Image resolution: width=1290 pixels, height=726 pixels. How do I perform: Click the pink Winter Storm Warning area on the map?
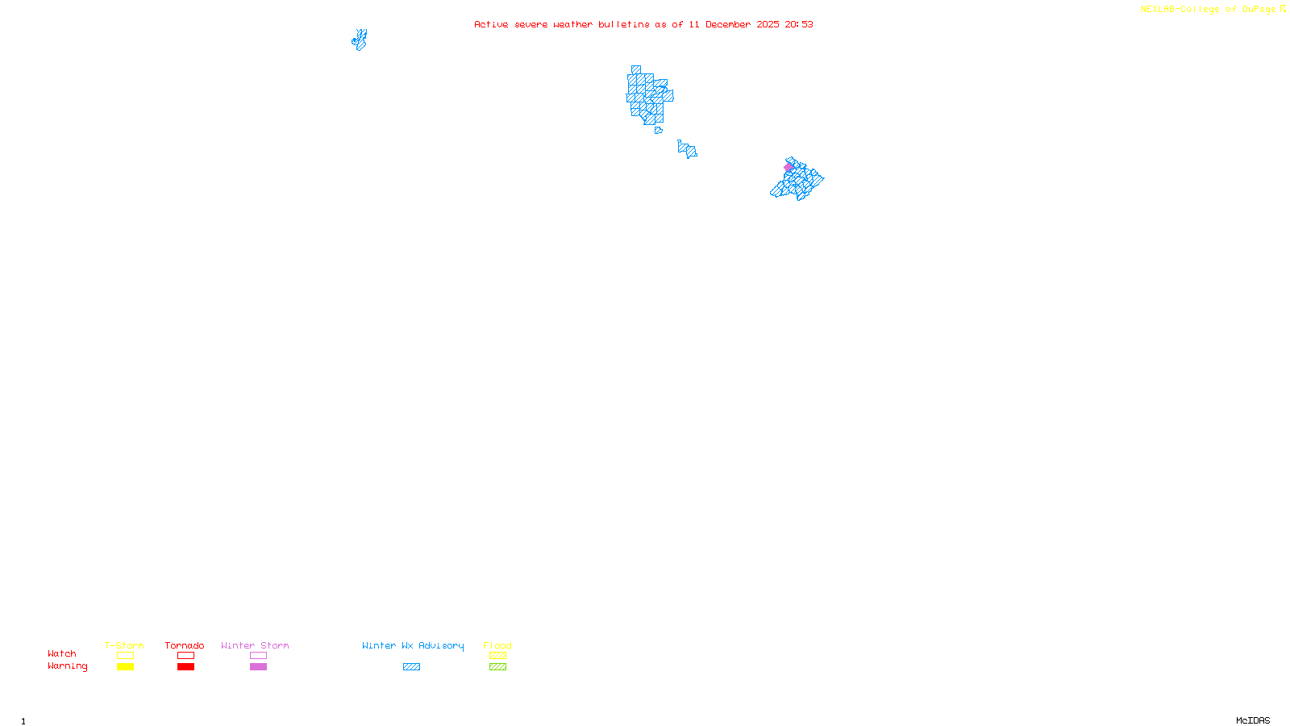[789, 168]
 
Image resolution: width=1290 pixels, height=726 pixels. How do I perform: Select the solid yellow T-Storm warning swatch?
[125, 667]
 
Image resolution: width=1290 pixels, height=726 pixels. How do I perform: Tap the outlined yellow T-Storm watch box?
[125, 656]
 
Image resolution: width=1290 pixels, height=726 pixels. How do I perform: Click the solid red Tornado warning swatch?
[185, 667]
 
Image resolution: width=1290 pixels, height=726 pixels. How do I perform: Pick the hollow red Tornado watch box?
[185, 656]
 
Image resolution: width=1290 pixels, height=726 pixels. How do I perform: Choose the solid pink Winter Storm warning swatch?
[258, 667]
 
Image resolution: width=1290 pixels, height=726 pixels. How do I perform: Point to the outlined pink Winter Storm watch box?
[258, 656]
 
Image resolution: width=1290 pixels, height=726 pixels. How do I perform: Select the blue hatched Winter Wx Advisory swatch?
[411, 667]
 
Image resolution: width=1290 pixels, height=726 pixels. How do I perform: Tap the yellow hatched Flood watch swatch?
[497, 656]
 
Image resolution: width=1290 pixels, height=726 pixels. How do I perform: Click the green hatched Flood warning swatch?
[497, 667]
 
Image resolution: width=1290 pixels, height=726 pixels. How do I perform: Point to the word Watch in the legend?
[62, 654]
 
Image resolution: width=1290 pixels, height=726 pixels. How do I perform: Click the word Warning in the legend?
[67, 666]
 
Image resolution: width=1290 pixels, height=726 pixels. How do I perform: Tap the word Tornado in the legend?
[185, 645]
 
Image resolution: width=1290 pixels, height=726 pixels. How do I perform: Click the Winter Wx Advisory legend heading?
[413, 645]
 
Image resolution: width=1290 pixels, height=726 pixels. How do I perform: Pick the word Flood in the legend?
[497, 645]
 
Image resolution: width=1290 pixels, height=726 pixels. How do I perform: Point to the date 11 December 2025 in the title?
[734, 24]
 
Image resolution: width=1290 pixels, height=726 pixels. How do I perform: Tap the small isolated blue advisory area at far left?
[360, 40]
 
